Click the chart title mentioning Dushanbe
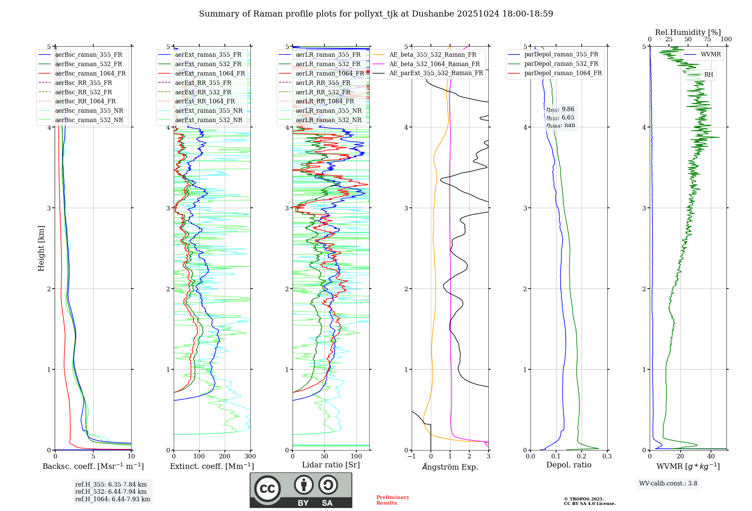coord(376,14)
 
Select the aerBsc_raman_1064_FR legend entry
coord(90,73)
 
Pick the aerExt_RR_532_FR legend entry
coord(203,92)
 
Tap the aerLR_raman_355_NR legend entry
coord(328,110)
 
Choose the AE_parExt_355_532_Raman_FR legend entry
coord(436,73)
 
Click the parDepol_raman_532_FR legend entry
coord(561,63)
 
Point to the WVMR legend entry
coord(711,54)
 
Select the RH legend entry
coord(708,75)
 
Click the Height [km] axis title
coord(41,248)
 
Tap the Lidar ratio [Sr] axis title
coord(331,465)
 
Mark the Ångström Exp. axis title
coord(450,467)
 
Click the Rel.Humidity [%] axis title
coord(688,32)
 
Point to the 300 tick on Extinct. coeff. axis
coord(250,457)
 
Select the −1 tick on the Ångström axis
coord(411,457)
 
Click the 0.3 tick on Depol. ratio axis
coord(607,457)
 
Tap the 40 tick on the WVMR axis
coord(711,457)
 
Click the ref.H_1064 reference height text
coord(112,499)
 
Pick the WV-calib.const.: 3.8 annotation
coord(668,484)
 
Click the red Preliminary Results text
coord(393,500)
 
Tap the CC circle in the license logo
coord(267,489)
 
